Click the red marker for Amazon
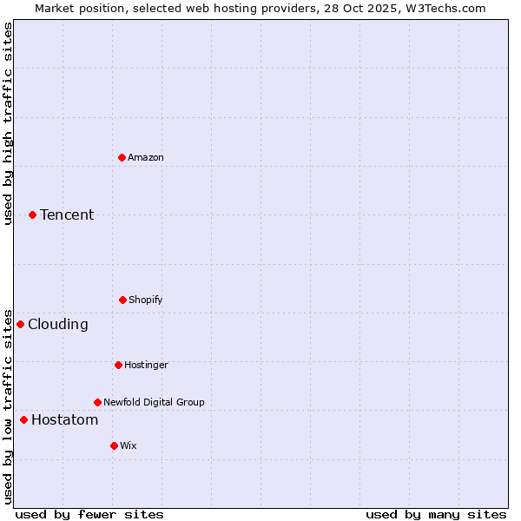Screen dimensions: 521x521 coord(122,157)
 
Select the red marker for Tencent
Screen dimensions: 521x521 coord(33,214)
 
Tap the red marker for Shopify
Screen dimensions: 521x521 coord(122,300)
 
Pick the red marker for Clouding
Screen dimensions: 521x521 coord(21,324)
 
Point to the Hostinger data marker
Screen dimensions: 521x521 coord(118,365)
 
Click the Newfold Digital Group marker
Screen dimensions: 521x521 coord(97,402)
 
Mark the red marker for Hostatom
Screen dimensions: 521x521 coord(24,420)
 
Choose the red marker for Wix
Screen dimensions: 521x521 coord(114,445)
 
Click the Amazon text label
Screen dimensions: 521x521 coord(146,157)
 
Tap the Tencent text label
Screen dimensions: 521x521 coord(67,214)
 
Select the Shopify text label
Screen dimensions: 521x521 coord(146,300)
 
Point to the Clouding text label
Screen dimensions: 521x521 coord(58,324)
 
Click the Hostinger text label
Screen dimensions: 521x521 coord(146,365)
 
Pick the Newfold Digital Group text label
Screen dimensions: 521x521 coord(154,402)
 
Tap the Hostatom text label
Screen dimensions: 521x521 coord(64,420)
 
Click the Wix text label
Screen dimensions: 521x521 coord(129,445)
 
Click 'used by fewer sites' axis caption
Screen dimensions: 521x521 coord(89,514)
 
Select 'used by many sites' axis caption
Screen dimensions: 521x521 coord(436,514)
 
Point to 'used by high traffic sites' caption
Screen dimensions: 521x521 coord(8,123)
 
